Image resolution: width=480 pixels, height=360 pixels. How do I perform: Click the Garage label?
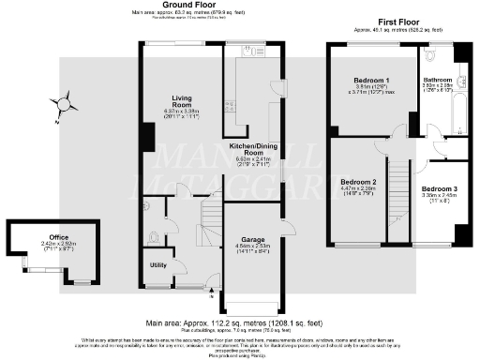pyautogui.click(x=249, y=239)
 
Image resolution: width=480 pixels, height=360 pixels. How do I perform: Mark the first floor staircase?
pyautogui.click(x=400, y=187)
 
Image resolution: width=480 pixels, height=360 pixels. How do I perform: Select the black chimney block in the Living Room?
pyautogui.click(x=147, y=138)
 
